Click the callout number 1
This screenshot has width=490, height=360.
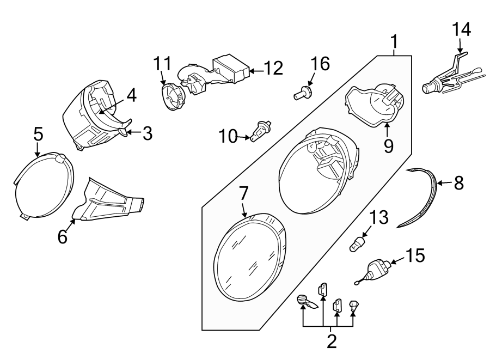[394, 42]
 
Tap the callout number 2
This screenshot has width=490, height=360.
[331, 341]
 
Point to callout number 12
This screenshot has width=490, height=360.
[274, 68]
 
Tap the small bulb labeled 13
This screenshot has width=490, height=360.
[357, 243]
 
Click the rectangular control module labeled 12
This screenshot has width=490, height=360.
[231, 68]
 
